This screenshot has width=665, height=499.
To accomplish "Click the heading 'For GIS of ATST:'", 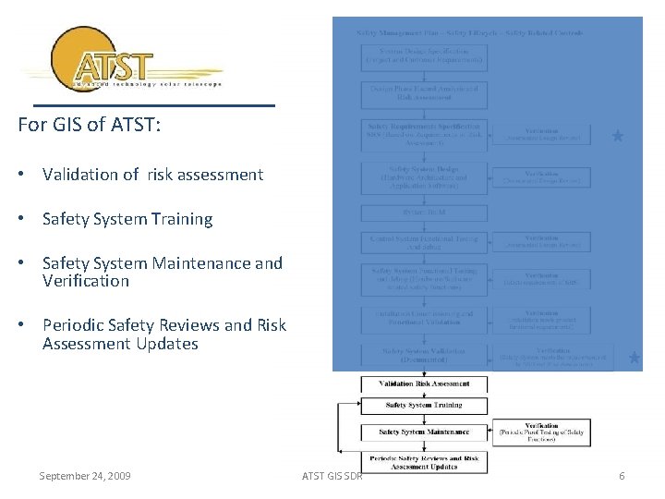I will (x=90, y=124).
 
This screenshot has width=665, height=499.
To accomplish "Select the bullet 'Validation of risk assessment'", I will (x=152, y=175).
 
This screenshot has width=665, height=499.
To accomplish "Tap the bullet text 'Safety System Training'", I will (x=127, y=219).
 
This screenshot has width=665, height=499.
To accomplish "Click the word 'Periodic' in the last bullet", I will (x=73, y=325).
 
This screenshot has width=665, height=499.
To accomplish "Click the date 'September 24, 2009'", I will (x=85, y=476).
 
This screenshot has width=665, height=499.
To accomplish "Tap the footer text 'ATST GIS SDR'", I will (x=332, y=476).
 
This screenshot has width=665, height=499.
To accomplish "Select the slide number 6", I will (x=622, y=476).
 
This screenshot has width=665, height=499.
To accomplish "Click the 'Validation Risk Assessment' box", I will (x=423, y=383).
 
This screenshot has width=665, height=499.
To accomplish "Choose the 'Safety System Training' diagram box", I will (x=423, y=406).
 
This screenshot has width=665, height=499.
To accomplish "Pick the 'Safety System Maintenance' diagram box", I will (x=423, y=432).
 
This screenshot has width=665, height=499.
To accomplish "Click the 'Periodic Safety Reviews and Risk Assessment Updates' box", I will (x=423, y=462).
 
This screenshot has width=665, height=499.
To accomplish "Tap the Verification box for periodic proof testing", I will (x=541, y=432).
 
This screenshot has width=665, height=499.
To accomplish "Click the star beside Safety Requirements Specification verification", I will (x=618, y=136).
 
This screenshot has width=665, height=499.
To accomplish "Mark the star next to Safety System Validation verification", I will (x=634, y=357).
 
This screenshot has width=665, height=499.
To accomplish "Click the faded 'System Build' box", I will (x=423, y=212).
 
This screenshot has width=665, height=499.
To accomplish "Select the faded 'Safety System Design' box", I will (x=423, y=177).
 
